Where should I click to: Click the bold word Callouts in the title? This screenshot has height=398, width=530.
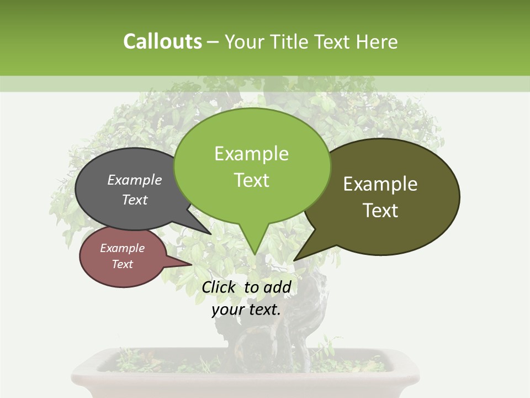click(162, 42)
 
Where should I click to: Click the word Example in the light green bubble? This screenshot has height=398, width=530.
click(251, 154)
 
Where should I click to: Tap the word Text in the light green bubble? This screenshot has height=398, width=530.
click(251, 180)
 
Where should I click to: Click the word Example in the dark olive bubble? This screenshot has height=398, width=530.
click(380, 184)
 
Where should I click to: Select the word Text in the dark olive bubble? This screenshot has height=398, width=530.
click(380, 211)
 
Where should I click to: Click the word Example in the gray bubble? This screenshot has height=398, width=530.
click(135, 180)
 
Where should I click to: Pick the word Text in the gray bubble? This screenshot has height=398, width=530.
click(135, 200)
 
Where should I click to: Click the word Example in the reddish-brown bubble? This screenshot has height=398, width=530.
click(122, 249)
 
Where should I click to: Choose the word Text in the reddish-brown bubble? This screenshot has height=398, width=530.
click(122, 264)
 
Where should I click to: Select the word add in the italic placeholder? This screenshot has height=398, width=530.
click(277, 287)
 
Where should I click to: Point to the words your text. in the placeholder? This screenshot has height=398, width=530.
click(246, 310)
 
